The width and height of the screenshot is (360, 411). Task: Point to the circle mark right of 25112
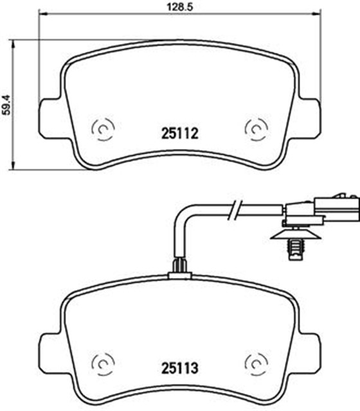255,130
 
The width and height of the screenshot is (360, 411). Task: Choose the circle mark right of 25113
255,365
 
